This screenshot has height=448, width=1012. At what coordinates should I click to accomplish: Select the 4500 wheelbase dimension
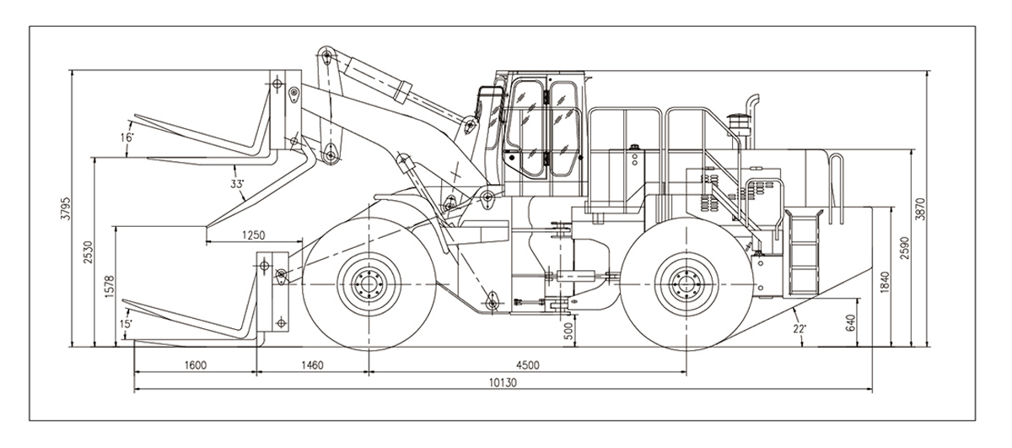pos(528,364)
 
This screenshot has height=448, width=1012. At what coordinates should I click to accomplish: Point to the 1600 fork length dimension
pos(194,364)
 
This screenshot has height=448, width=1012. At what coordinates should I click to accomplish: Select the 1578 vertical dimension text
pos(109,288)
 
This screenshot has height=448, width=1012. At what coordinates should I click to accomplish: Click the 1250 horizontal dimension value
pos(253,235)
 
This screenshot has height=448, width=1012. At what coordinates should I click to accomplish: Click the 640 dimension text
pos(851,323)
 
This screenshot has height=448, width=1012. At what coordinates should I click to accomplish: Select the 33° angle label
pos(237,183)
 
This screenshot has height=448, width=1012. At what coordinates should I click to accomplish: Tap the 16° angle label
pos(127,138)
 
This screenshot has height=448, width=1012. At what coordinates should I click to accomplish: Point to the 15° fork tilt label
pos(126,324)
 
